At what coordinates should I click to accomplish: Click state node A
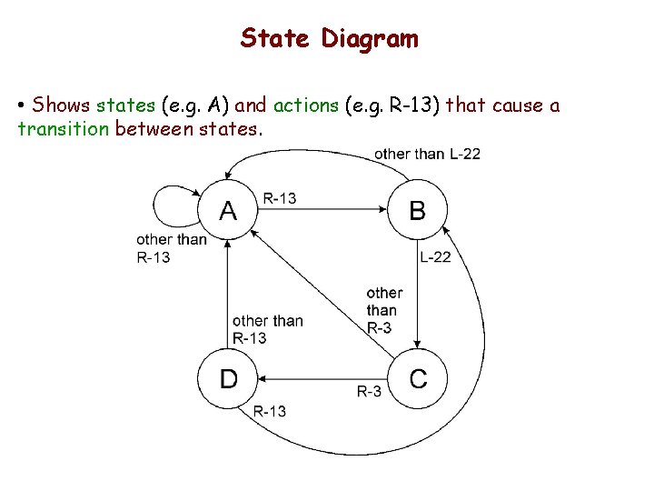click(x=228, y=211)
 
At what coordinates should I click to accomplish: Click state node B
click(x=417, y=211)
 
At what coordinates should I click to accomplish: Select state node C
click(x=417, y=378)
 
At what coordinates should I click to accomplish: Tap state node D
click(x=228, y=378)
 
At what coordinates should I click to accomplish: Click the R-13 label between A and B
click(x=280, y=198)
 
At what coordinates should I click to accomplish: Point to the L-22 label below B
click(x=435, y=257)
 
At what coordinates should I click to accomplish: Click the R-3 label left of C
click(x=369, y=392)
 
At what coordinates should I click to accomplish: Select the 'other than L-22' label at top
click(x=427, y=154)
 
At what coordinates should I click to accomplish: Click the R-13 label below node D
click(x=269, y=411)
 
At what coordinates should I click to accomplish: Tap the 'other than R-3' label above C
click(x=383, y=310)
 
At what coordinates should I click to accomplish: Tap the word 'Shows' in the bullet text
click(x=60, y=105)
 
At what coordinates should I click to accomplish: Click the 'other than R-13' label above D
click(x=267, y=329)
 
